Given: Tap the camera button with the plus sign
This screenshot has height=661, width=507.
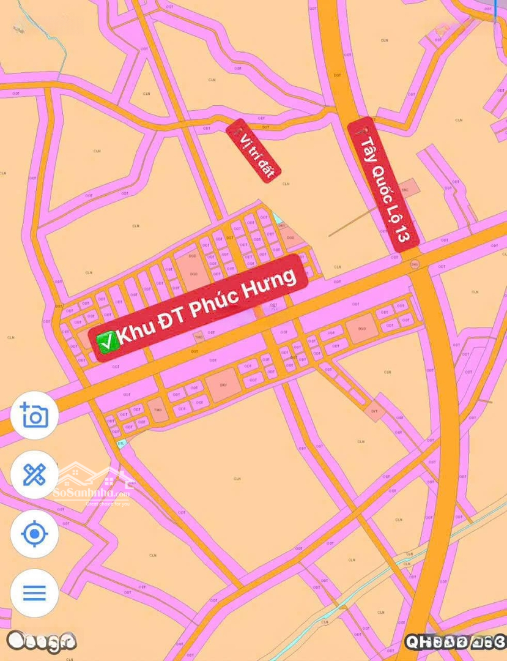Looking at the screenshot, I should pyautogui.click(x=34, y=416).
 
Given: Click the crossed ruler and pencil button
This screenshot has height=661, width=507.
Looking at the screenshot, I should pyautogui.click(x=34, y=474).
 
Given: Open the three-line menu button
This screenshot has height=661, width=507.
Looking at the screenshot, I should pyautogui.click(x=34, y=592).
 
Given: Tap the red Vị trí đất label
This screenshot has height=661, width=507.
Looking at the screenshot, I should pyautogui.click(x=253, y=151).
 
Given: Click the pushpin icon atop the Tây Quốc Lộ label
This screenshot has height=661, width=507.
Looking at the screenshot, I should pyautogui.click(x=359, y=129).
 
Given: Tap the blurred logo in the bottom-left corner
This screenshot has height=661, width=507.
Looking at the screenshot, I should pyautogui.click(x=41, y=641).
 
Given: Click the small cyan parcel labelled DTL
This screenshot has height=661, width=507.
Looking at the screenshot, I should pyautogui.click(x=122, y=444).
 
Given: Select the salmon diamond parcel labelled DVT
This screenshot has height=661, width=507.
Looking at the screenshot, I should pyautogui.click(x=375, y=412).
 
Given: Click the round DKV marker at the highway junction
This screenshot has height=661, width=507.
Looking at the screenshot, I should pyautogui.click(x=415, y=264).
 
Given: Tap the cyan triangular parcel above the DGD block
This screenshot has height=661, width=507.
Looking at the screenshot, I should pyautogui.click(x=278, y=217).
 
